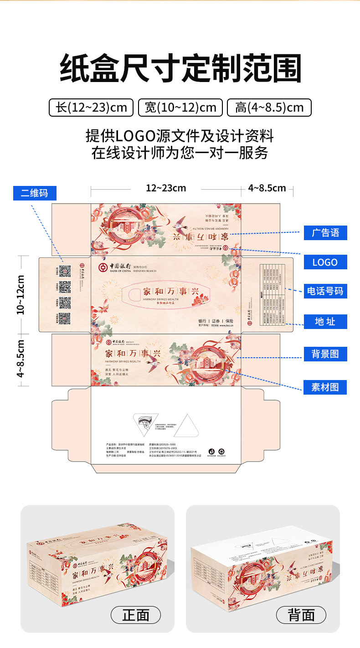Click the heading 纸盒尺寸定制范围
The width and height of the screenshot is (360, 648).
[180, 68]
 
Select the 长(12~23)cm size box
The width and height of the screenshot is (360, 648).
[91, 108]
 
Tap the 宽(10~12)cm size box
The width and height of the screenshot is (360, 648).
[180, 108]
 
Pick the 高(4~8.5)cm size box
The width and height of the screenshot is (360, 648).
[269, 108]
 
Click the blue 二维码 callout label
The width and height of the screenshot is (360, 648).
[35, 193]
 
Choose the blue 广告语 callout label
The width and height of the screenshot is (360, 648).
[325, 232]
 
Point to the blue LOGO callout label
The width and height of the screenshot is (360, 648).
[325, 262]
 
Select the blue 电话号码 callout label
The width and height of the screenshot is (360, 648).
[325, 291]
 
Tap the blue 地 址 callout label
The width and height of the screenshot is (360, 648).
[325, 322]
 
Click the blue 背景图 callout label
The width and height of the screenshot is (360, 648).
[325, 354]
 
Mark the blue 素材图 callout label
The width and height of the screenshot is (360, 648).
[325, 387]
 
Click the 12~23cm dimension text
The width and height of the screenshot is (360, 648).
[166, 188]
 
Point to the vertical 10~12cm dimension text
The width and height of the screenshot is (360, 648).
[21, 294]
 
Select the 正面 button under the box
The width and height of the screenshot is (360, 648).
[136, 615]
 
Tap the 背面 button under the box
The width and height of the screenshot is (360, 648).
[301, 615]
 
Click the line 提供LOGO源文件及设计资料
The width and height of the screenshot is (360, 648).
[180, 136]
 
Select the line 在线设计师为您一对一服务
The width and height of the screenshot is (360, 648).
[180, 153]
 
